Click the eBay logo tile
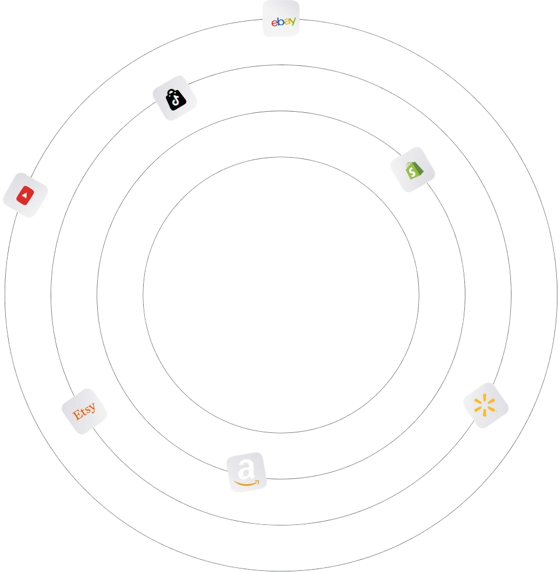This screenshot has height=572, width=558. (281, 19)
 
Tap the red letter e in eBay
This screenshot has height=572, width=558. (274, 23)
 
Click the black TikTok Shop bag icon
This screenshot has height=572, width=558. (175, 98)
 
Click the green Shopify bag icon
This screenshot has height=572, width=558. (413, 169)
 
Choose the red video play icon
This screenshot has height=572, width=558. (25, 196)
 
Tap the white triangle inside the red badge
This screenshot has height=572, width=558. (25, 196)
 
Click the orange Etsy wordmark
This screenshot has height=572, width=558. (84, 411)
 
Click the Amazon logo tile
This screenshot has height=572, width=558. (247, 472)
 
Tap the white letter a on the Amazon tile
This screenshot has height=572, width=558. (247, 468)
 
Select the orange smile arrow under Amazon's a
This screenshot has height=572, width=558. (247, 482)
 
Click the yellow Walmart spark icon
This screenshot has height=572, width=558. (485, 405)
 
